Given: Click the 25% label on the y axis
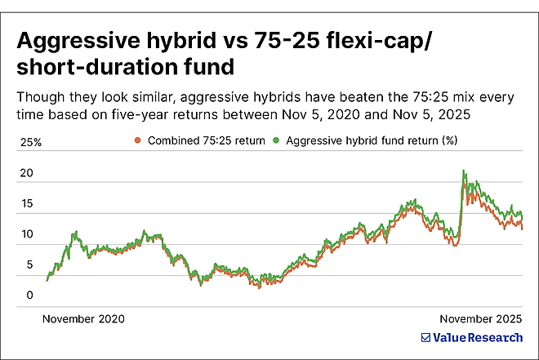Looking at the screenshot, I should (x=30, y=142).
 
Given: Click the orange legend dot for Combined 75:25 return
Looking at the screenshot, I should (x=138, y=140).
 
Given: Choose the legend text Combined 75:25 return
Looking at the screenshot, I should (x=205, y=140).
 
